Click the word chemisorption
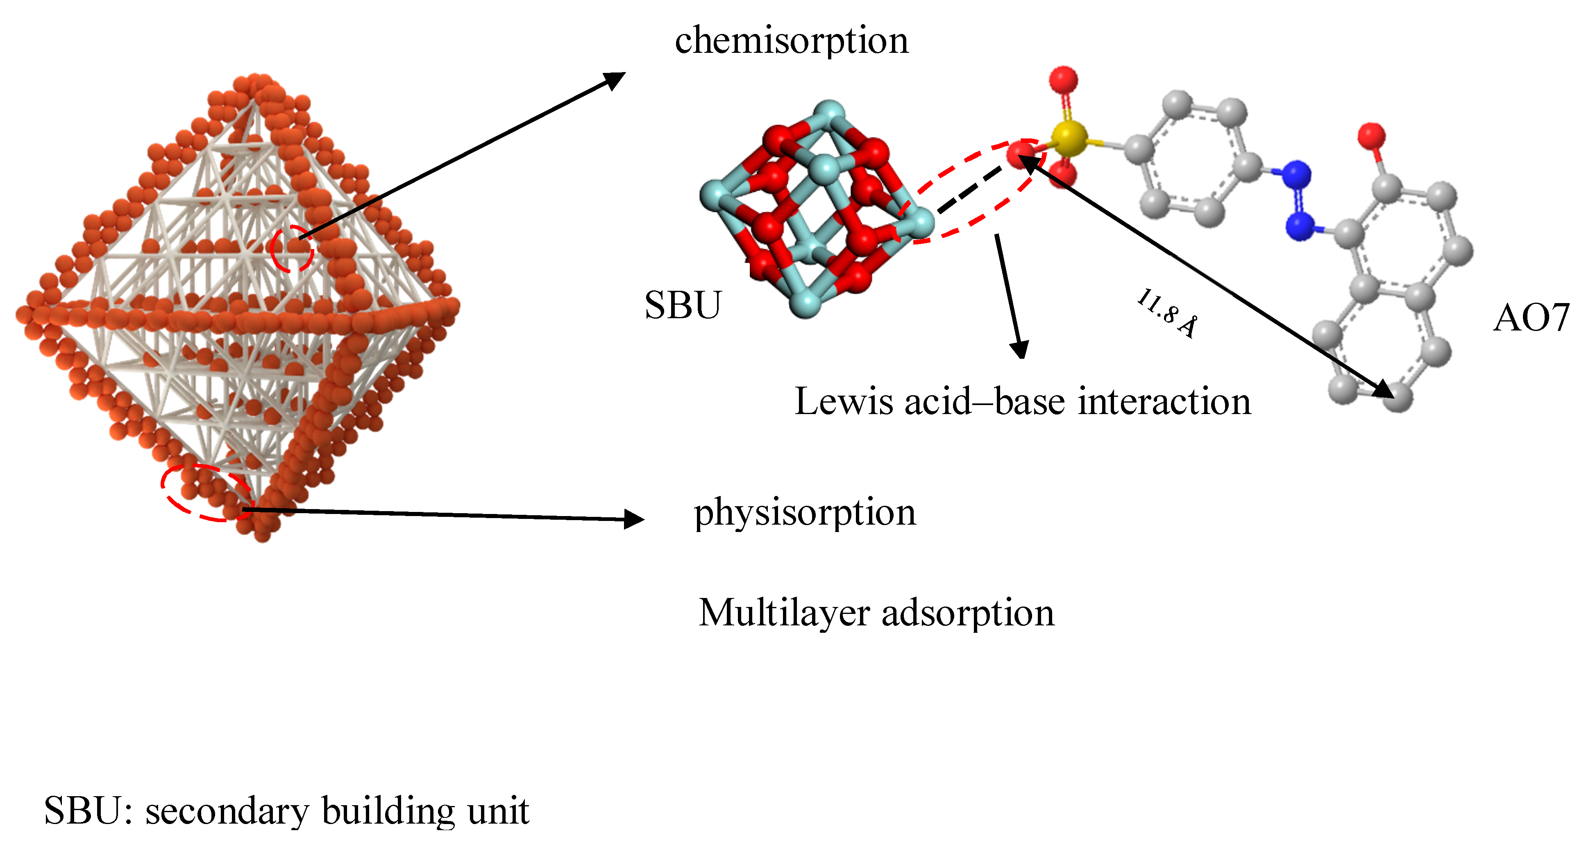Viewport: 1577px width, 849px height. tap(792, 42)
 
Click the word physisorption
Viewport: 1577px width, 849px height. tap(804, 512)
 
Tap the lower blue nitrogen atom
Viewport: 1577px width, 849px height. tap(1300, 226)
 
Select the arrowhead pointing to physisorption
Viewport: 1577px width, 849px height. tap(633, 519)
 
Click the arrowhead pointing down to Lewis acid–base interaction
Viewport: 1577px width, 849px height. tap(1019, 349)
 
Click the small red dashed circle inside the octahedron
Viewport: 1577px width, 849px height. tap(293, 248)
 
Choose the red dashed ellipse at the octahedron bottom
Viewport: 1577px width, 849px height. tap(206, 492)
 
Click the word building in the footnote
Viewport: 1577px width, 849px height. tap(389, 812)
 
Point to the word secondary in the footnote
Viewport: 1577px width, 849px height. tap(227, 812)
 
